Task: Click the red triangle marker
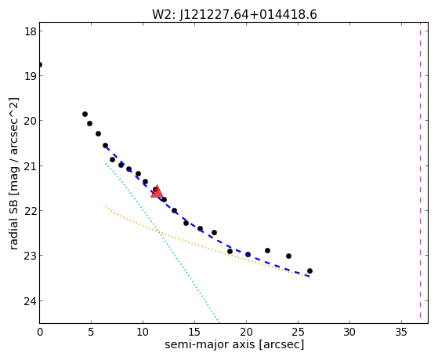pos(157,192)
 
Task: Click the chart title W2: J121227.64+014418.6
pos(234,14)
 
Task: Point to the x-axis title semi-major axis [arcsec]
pos(234,344)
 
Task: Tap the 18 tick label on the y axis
pos(31,31)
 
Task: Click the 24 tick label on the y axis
pos(31,300)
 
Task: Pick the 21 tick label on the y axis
pos(31,165)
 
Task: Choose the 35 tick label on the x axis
pos(401,332)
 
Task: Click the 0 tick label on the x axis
pos(40,332)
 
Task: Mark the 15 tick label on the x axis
pos(194,332)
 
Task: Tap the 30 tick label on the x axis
pos(349,332)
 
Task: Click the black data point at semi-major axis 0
pos(40,64)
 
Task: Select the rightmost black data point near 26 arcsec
pos(309,271)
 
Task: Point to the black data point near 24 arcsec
pos(288,256)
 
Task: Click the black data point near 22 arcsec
pos(267,250)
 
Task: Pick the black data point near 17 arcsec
pos(214,232)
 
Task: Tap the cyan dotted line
pos(161,242)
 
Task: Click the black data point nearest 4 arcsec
pos(85,114)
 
